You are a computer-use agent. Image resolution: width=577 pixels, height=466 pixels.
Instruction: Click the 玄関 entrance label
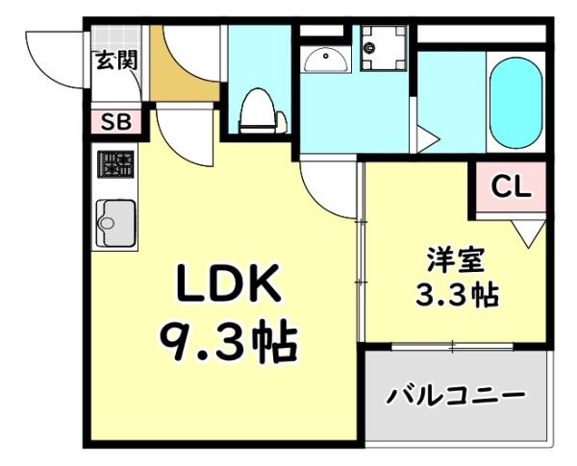point(116,60)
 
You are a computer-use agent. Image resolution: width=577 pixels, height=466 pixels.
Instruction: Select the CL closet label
point(512,186)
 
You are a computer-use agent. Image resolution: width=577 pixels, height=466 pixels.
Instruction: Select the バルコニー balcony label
point(457,395)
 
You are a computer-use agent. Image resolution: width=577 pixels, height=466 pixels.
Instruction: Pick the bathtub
point(516,102)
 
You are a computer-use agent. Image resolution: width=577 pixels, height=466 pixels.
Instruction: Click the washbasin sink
point(327,61)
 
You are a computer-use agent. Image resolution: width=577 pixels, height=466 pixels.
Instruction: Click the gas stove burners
point(115,165)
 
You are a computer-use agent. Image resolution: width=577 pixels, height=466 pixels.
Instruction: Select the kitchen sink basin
point(114,225)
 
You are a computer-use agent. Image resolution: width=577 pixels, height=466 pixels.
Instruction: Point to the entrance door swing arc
point(48,58)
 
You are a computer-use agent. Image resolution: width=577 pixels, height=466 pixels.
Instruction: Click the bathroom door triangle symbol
point(426,136)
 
